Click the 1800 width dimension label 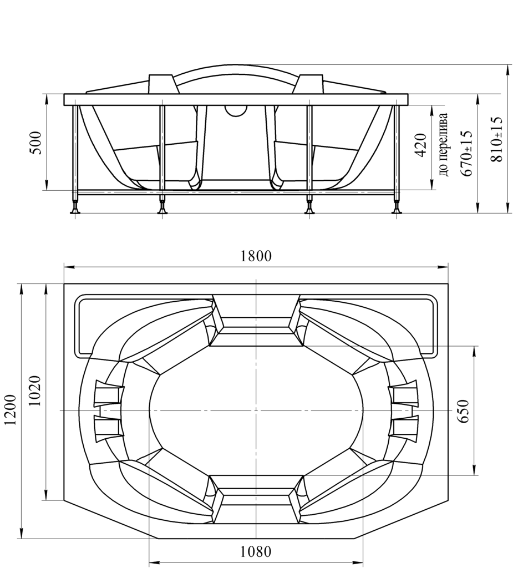pos(256,256)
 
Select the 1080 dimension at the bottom pos(256,552)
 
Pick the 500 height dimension pos(35,143)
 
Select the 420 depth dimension pos(420,145)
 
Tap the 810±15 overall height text pos(496,139)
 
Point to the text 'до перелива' pos(444,144)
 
